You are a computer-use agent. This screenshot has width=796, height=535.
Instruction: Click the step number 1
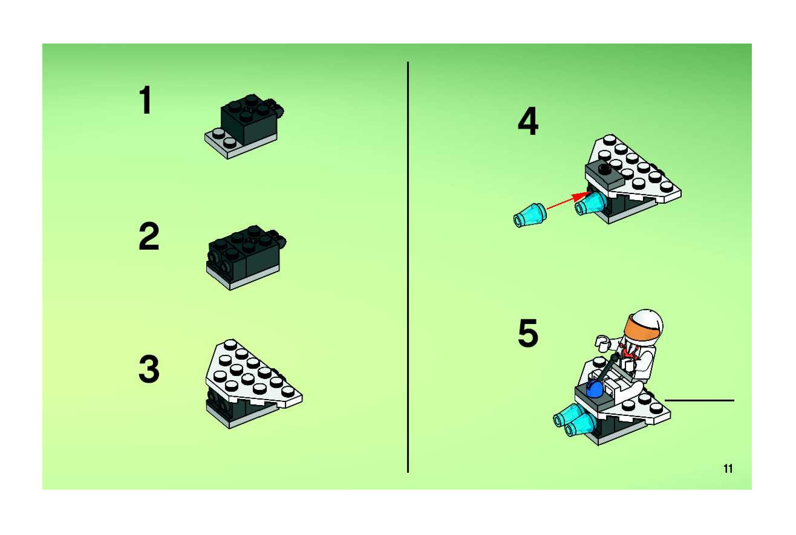[146, 100]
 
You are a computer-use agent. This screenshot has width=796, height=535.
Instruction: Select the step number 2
[149, 236]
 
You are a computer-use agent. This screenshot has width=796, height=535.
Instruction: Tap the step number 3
[149, 369]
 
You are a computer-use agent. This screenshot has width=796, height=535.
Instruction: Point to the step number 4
[528, 121]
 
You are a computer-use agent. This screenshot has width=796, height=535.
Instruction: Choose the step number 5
[528, 333]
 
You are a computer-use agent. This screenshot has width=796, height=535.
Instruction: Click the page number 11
[728, 469]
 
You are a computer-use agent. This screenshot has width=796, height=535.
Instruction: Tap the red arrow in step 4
[569, 201]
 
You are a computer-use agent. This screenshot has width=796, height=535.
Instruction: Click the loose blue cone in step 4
[530, 215]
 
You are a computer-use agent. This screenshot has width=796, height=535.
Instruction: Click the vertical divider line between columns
[408, 267]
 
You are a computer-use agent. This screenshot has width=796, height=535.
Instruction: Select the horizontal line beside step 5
[700, 400]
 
